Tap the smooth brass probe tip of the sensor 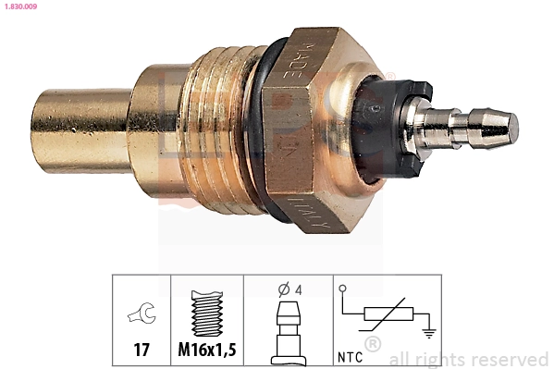79,129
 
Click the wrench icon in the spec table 142,316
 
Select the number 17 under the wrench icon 142,351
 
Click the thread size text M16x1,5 207,351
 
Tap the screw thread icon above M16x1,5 207,313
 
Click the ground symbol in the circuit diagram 427,333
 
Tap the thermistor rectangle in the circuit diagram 387,314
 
